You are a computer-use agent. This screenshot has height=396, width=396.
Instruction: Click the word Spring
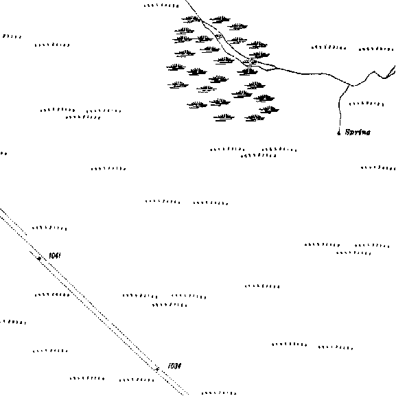click(358, 132)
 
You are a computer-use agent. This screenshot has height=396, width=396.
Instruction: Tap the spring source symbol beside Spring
click(339, 132)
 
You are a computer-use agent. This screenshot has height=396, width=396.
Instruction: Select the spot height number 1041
click(54, 255)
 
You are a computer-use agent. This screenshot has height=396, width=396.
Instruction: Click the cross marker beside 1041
click(39, 258)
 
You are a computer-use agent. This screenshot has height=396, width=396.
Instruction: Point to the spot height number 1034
click(174, 366)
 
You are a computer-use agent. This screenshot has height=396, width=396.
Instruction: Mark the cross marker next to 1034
click(157, 369)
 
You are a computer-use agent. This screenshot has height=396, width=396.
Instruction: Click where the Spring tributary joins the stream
click(350, 84)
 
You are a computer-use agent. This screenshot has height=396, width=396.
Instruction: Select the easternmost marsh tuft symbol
click(269, 110)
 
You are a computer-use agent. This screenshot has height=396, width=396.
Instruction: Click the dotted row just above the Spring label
click(366, 104)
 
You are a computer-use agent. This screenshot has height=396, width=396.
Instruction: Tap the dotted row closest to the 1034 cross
click(137, 380)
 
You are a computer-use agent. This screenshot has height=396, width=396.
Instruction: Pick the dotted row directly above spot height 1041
click(49, 229)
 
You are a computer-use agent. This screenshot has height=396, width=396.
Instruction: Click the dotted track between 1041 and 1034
click(99, 313)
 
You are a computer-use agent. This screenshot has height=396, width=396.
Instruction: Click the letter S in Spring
click(348, 132)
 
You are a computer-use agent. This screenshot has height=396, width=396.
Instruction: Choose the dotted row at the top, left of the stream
click(161, 5)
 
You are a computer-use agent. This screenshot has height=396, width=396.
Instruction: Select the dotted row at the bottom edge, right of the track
click(219, 393)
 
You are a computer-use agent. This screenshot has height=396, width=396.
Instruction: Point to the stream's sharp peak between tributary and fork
click(375, 71)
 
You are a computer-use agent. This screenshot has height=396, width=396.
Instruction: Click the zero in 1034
click(172, 366)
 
